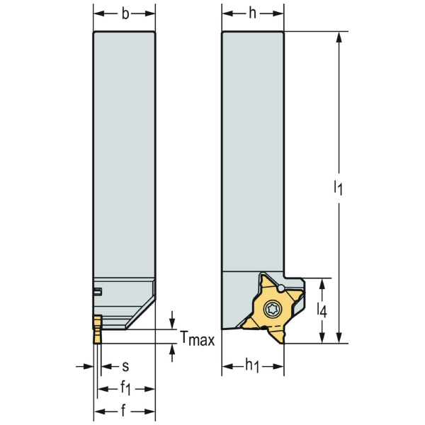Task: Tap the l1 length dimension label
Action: click(339, 188)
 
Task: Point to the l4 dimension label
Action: click(322, 310)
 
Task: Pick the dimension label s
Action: click(125, 366)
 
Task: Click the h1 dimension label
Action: click(253, 366)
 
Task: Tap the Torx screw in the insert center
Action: click(273, 310)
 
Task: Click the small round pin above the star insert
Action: click(281, 288)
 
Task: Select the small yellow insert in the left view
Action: click(97, 329)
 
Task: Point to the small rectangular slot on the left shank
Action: click(98, 290)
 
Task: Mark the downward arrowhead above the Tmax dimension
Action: click(172, 324)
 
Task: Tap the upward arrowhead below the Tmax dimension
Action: click(172, 348)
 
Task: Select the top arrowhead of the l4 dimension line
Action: click(322, 283)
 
